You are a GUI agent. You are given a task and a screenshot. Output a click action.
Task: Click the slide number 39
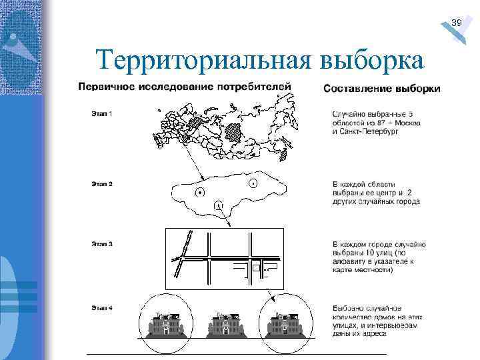457,23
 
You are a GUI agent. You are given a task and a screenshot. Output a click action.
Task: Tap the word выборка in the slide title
371,61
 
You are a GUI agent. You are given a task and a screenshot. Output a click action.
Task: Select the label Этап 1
102,113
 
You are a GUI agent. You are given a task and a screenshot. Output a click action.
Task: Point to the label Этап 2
102,183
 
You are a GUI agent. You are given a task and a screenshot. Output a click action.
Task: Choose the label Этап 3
102,244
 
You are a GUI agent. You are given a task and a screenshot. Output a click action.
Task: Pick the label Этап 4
102,307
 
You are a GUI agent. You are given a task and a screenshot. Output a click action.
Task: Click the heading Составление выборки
381,89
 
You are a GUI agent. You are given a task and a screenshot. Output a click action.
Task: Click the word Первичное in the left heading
105,87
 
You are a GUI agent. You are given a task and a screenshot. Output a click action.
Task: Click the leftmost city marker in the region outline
199,193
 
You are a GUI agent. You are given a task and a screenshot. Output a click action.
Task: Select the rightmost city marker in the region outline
253,183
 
